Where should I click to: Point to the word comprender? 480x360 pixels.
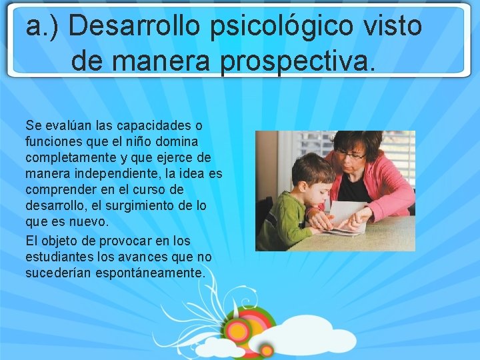coord(60,189)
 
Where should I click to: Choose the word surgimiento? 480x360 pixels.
coord(140,205)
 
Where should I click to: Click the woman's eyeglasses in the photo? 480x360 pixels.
coord(350,155)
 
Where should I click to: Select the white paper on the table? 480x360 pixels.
coord(347,217)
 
